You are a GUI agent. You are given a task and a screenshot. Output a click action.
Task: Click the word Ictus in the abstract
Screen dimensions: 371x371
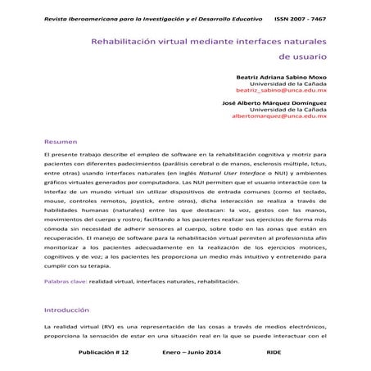pyautogui.click(x=316, y=163)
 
